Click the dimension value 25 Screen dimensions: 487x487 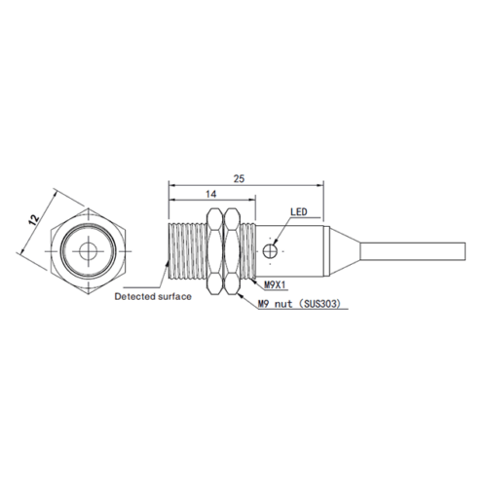pyautogui.click(x=239, y=178)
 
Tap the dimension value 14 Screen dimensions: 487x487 pyautogui.click(x=211, y=194)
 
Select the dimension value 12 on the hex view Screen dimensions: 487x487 pyautogui.click(x=34, y=219)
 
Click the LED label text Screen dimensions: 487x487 pyautogui.click(x=298, y=212)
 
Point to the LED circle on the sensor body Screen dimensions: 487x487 pyautogui.click(x=270, y=251)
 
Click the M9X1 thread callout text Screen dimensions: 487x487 pyautogui.click(x=275, y=285)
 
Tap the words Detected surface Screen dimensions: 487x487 pyautogui.click(x=153, y=296)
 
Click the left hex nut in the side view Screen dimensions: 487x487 pyautogui.click(x=215, y=251)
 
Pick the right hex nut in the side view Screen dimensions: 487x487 pyautogui.click(x=232, y=251)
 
